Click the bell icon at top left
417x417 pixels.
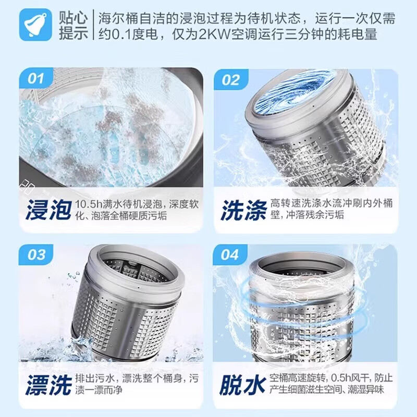(x=35, y=25)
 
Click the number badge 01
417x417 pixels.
(x=35, y=79)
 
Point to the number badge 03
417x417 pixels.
(x=35, y=255)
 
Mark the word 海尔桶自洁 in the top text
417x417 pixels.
(x=124, y=17)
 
